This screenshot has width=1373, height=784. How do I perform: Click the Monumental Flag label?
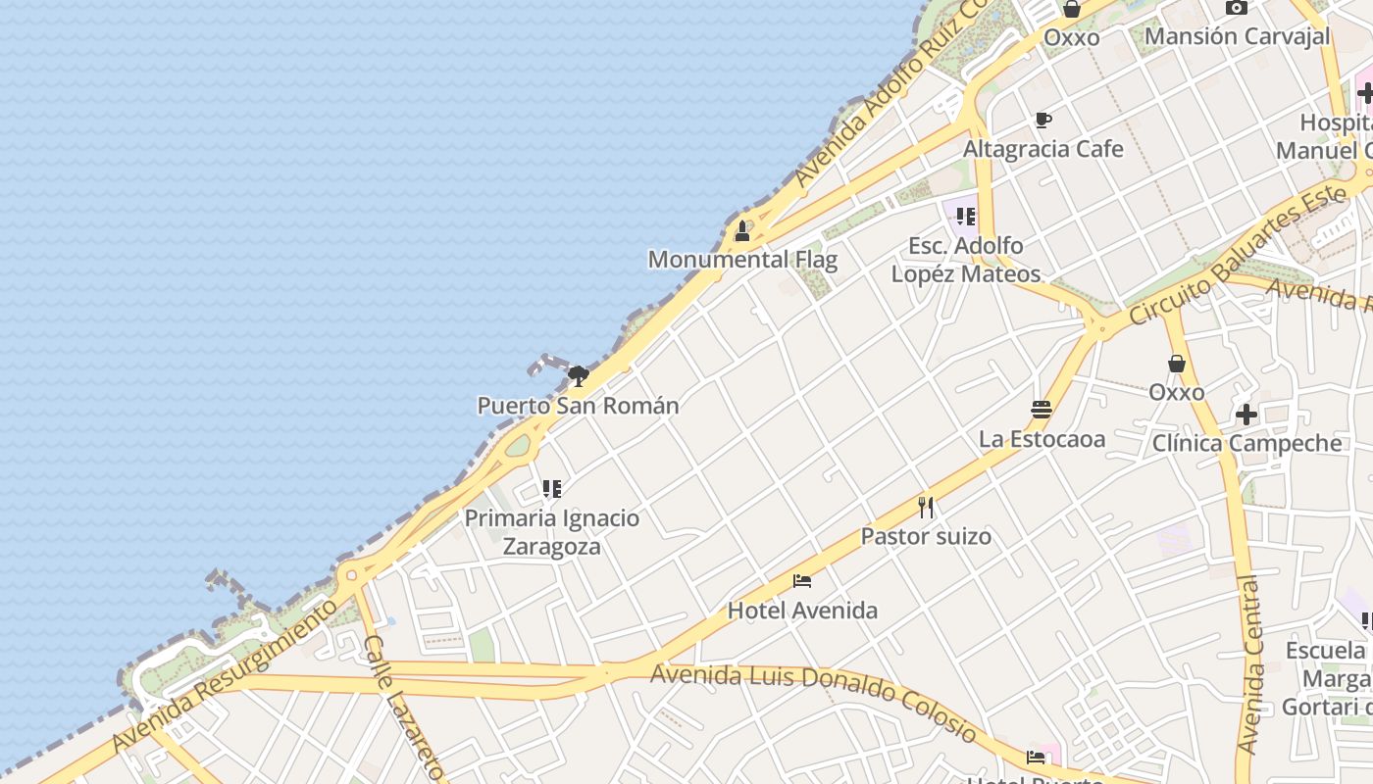742,260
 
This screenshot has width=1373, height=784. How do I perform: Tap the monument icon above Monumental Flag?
742,232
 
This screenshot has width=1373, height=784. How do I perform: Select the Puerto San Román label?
578,406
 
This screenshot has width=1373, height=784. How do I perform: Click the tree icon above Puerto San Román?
579,375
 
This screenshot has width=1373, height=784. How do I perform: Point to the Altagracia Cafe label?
1043,149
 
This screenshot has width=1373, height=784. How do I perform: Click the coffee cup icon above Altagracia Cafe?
1043,121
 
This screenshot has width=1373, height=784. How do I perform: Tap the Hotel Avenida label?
802,611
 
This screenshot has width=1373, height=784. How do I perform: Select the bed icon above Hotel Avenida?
802,580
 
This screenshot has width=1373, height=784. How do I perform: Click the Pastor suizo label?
926,536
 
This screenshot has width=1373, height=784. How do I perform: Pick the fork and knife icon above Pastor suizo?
926,507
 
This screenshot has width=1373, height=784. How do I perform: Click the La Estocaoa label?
1042,438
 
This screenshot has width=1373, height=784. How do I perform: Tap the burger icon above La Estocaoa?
1042,409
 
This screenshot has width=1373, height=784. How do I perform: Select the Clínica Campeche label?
1246,443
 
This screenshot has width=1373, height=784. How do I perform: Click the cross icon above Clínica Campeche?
1246,415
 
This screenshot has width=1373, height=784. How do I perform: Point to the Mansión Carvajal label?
1237,36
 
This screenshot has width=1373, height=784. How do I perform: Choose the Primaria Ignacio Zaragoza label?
551,532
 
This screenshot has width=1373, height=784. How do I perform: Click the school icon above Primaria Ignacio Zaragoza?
552,488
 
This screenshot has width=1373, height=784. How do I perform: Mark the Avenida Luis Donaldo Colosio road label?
814,702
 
